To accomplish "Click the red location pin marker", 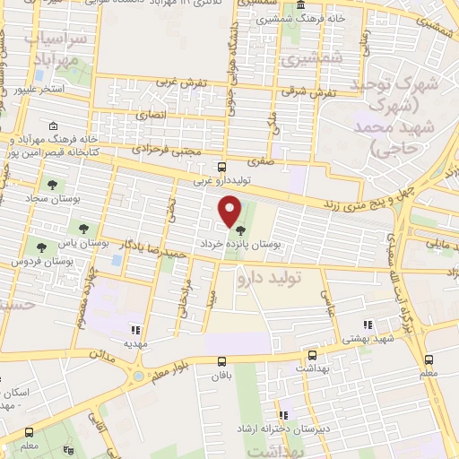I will click(x=230, y=210).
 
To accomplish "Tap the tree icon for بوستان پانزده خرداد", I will click(x=239, y=230).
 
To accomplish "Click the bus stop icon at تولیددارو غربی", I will click(x=221, y=167).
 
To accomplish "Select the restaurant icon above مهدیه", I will click(x=135, y=330).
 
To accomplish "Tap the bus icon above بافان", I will click(x=221, y=360).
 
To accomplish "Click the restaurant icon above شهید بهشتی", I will click(x=366, y=325).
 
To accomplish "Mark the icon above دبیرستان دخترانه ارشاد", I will click(x=283, y=415).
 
